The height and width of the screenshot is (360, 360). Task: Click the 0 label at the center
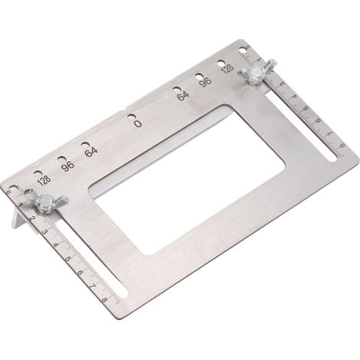click(138, 124)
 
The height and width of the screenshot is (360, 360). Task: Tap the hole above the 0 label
click(131, 116)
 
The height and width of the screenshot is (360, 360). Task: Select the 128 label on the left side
click(44, 181)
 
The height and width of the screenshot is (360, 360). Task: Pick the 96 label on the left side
click(68, 166)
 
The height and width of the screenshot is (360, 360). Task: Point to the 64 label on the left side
click(91, 152)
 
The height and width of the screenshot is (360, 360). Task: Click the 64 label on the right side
click(183, 96)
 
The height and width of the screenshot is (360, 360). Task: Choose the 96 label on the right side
click(205, 82)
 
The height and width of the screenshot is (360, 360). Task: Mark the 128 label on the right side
click(227, 68)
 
